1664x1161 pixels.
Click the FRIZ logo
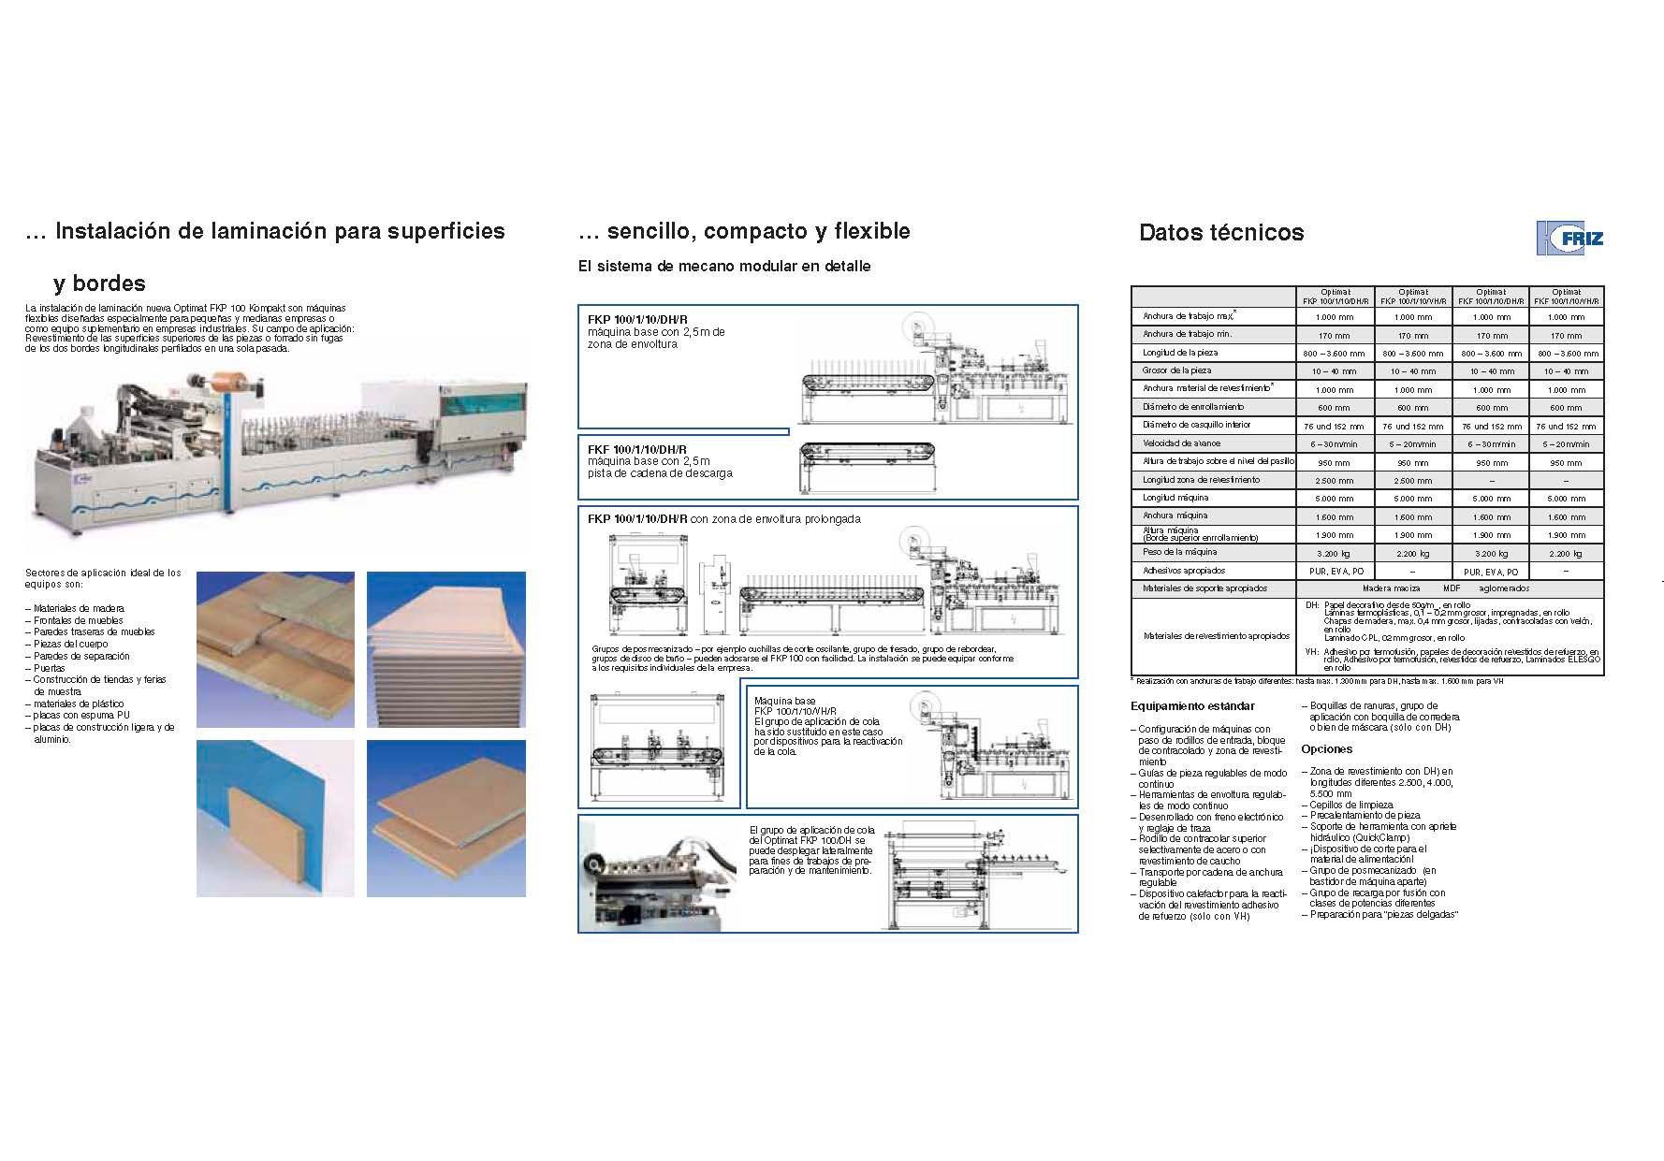coord(1569,238)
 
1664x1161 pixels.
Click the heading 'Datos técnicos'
coord(1220,233)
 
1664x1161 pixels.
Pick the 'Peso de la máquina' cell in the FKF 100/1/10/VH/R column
coord(1566,554)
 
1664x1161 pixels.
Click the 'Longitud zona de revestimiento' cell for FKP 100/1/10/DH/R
coord(1335,481)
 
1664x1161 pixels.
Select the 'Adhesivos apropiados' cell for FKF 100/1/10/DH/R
coord(1491,572)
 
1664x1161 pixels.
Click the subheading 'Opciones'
coord(1326,749)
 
